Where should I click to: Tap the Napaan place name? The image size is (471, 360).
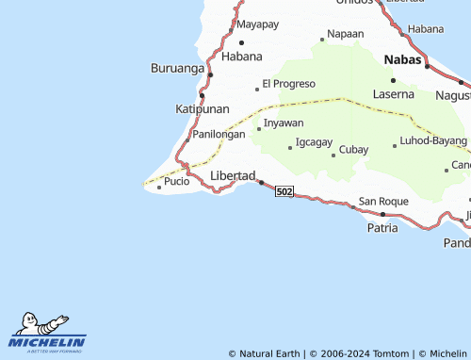(x=345, y=34)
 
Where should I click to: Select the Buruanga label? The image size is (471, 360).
(x=176, y=68)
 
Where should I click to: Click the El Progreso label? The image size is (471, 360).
(x=288, y=83)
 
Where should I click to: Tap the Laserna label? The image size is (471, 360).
(x=393, y=94)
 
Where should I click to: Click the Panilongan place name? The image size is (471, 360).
(x=219, y=134)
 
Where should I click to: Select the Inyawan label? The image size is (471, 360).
(x=284, y=123)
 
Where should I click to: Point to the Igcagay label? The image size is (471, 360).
(x=314, y=142)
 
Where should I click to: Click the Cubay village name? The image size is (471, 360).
(x=353, y=150)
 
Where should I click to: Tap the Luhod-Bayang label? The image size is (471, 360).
(x=433, y=142)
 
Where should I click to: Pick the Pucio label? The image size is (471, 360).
(x=176, y=181)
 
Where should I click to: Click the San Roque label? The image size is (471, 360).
(x=383, y=202)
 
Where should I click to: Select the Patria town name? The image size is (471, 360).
(x=382, y=227)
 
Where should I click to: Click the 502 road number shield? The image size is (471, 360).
(x=284, y=191)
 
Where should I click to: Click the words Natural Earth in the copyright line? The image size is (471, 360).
(x=269, y=353)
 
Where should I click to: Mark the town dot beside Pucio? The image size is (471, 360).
(x=159, y=187)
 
